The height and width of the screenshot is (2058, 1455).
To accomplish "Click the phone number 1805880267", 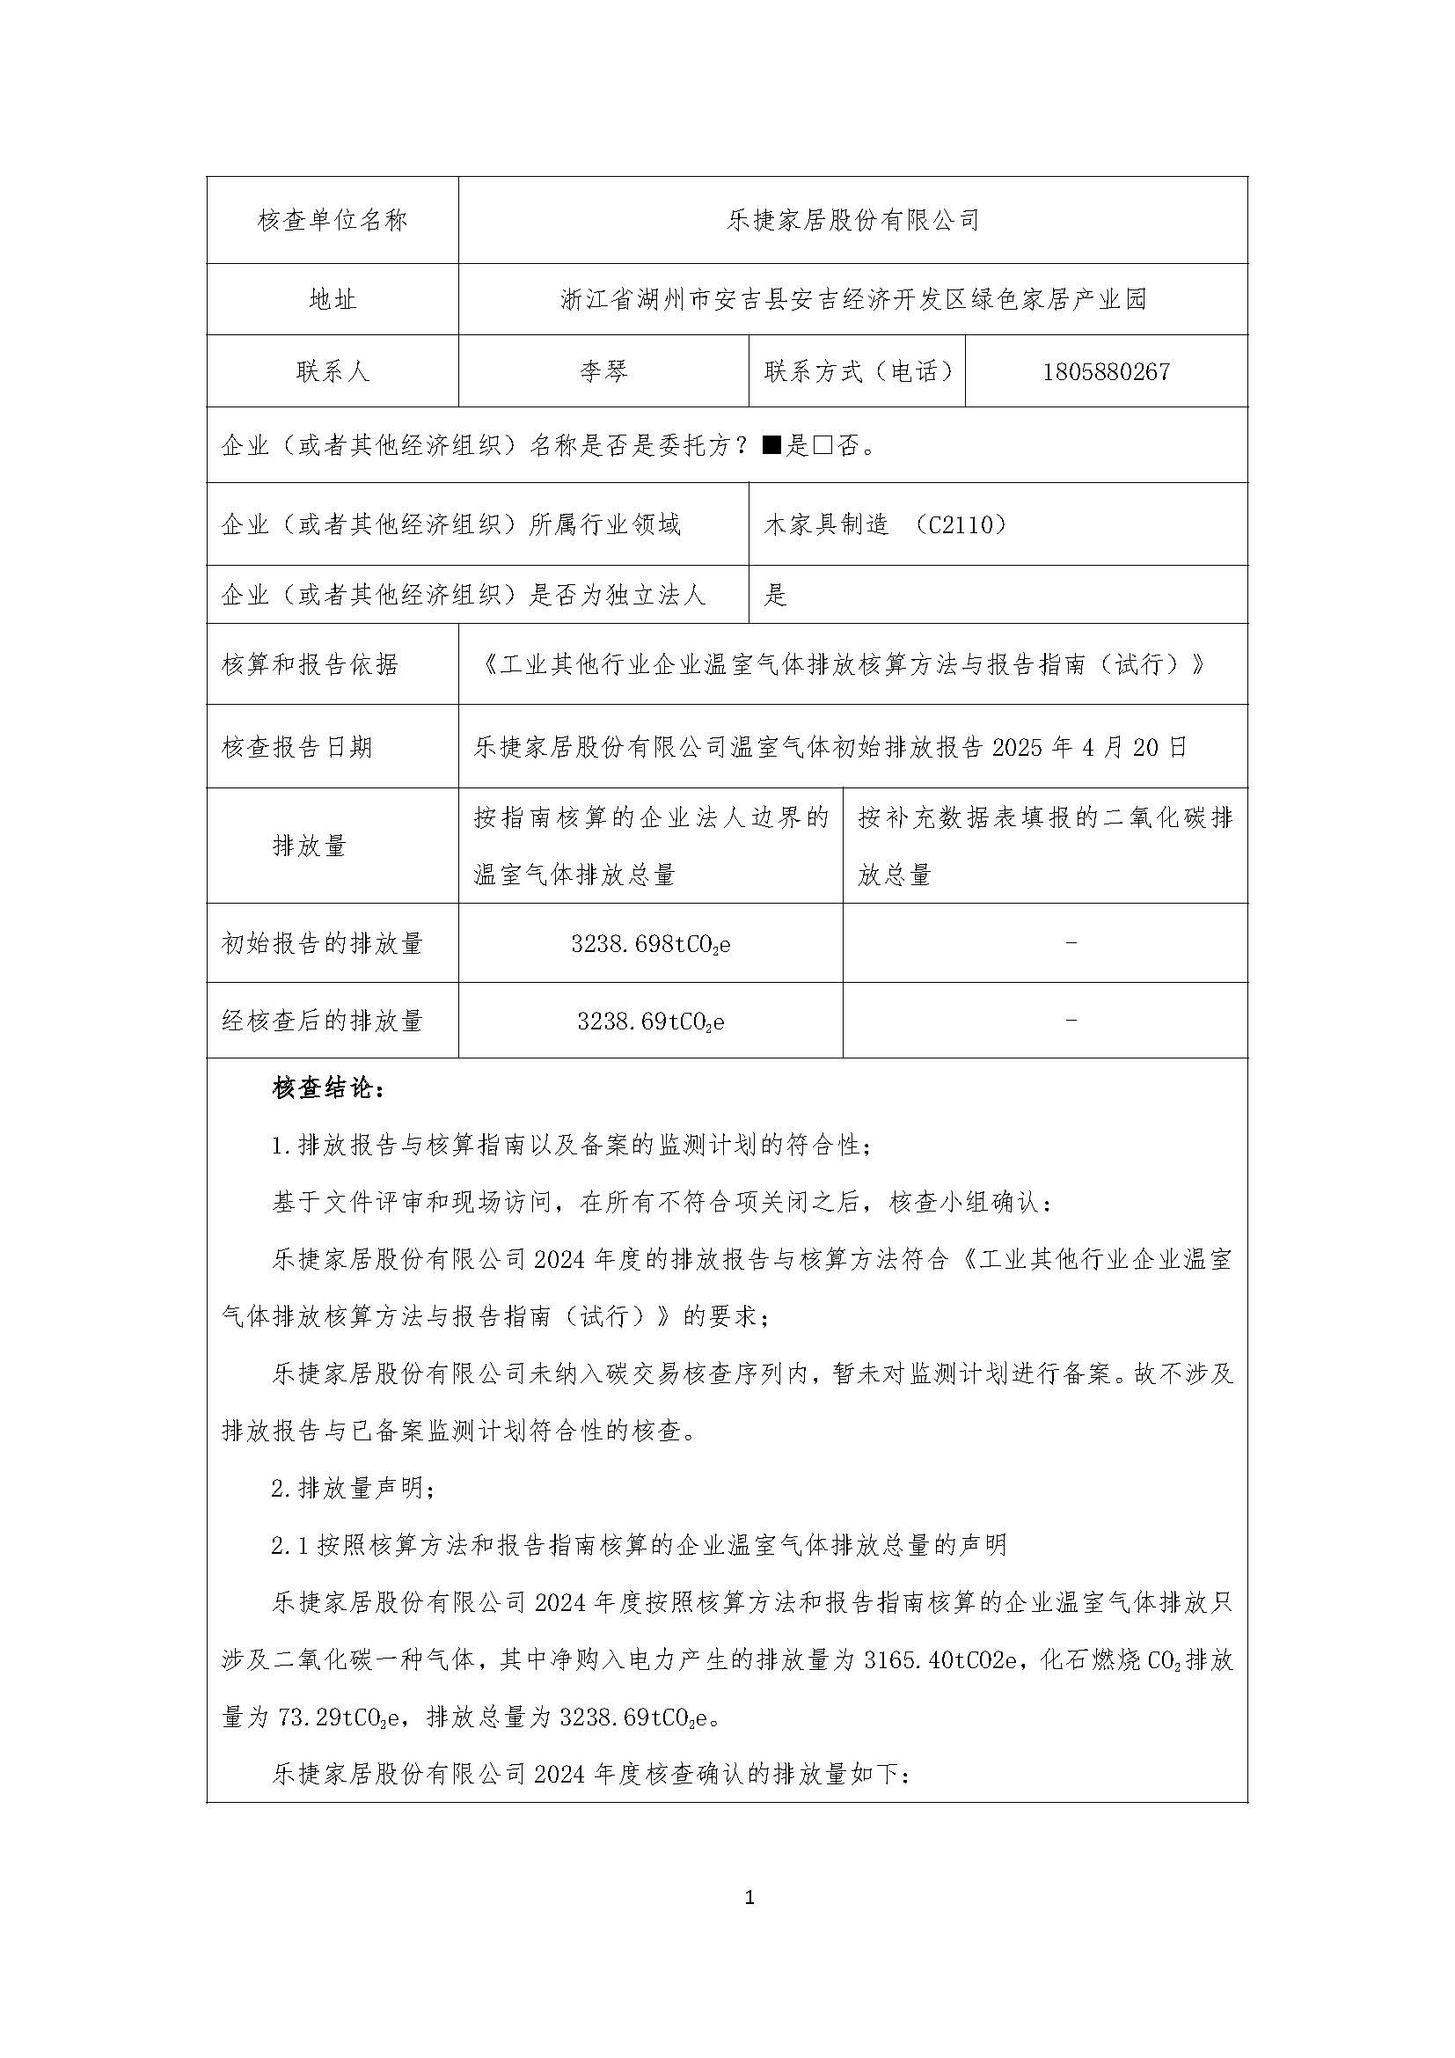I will click(1106, 372).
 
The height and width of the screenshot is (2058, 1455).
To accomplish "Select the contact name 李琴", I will click(603, 372).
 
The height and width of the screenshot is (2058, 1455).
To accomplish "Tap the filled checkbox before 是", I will click(772, 445).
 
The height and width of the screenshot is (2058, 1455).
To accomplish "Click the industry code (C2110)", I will click(962, 525).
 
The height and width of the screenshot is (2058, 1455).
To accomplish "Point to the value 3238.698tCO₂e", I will click(650, 944).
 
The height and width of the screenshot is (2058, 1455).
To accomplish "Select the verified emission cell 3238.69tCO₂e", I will click(650, 1022).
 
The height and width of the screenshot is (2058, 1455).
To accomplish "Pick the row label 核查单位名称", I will click(333, 221).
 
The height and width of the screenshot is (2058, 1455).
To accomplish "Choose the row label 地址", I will click(333, 300).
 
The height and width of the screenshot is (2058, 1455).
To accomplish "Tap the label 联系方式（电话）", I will click(858, 372).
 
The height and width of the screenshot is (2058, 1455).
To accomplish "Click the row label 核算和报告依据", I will click(309, 665).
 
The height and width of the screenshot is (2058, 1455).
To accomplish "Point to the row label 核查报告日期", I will click(296, 747).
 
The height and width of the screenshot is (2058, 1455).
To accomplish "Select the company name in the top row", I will click(853, 221).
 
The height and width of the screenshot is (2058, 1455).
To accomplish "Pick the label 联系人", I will click(333, 372).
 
